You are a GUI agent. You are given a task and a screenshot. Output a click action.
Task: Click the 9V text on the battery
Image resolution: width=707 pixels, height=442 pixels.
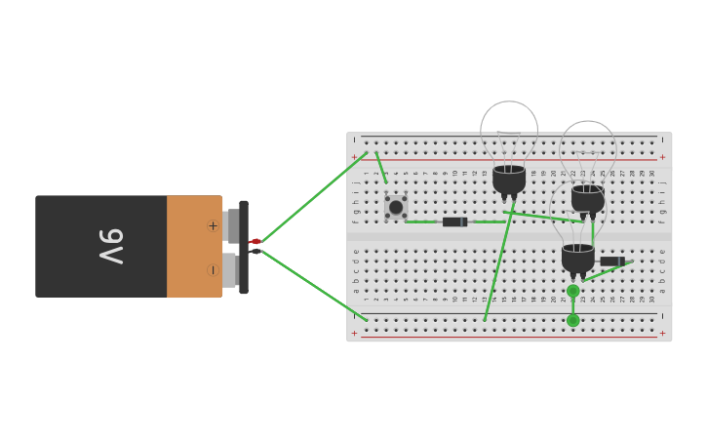[110, 246]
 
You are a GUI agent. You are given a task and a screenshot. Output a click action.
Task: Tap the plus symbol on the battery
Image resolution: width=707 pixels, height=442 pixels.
[213, 225]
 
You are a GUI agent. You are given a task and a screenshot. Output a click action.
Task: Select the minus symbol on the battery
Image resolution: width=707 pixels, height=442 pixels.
[212, 270]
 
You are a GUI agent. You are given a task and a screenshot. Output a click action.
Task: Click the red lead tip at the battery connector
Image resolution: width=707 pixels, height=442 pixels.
[255, 241]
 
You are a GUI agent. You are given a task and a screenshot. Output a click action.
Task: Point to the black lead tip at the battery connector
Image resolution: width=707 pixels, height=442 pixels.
[255, 252]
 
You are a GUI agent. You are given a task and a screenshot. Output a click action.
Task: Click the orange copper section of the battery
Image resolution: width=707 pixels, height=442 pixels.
[193, 246]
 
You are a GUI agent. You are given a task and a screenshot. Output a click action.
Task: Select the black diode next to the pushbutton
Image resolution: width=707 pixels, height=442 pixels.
[454, 221]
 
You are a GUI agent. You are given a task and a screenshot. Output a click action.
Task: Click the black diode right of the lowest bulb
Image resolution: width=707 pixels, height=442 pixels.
[611, 261]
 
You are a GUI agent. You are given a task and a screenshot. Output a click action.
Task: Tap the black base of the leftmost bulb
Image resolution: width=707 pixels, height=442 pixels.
[509, 179]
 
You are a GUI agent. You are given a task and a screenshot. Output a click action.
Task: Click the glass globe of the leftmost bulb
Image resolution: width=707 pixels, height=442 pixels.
[509, 132]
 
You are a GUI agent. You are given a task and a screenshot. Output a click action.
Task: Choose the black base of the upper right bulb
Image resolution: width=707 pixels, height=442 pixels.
[588, 199]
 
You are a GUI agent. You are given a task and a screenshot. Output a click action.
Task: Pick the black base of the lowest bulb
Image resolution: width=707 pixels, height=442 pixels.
[577, 259]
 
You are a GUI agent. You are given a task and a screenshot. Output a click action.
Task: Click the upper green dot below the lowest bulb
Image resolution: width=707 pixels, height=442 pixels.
[573, 291]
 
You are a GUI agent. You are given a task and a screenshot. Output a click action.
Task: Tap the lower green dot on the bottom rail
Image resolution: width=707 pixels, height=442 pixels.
[573, 320]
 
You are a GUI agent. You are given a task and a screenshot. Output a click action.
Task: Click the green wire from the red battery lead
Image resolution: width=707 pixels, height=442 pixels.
[312, 196]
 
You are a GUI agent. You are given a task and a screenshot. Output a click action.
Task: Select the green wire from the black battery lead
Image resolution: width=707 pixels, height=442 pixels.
[312, 285]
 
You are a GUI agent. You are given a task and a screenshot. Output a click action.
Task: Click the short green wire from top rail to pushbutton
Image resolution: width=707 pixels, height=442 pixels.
[381, 167]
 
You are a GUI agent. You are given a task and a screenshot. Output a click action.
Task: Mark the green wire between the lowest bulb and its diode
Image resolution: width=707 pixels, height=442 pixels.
[607, 272]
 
